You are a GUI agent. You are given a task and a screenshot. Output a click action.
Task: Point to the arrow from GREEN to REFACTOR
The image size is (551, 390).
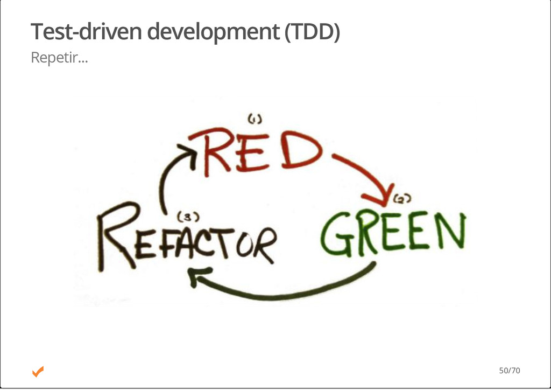click(x=285, y=291)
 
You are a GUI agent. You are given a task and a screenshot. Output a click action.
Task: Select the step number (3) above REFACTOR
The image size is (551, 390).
click(x=188, y=217)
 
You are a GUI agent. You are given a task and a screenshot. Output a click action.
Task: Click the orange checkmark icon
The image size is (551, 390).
click(x=38, y=371)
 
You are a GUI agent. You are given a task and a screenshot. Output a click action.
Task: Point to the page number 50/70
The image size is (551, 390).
click(x=509, y=371)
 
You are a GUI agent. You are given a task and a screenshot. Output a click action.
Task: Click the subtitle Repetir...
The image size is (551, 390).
click(x=59, y=57)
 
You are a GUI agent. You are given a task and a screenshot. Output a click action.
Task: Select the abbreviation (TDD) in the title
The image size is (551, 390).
click(x=312, y=32)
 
